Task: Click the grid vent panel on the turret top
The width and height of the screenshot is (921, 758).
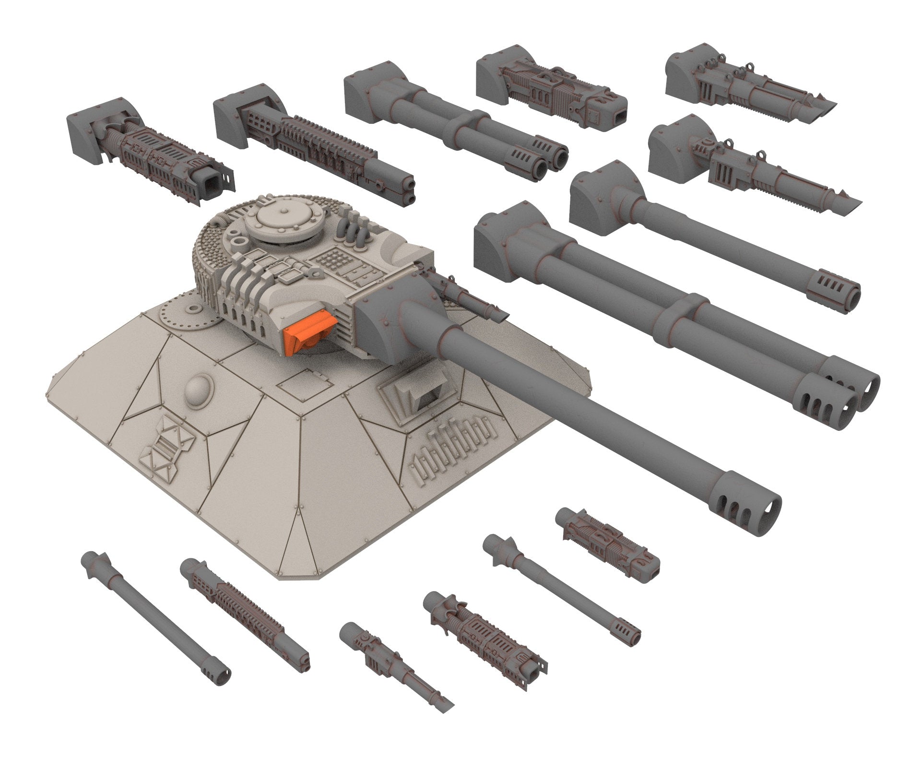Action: coord(331,261)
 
